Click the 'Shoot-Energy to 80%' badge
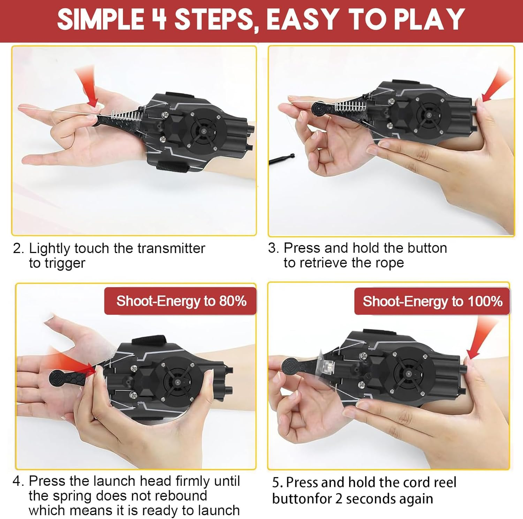[x=181, y=301]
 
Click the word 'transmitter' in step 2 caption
[x=171, y=249]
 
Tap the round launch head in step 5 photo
[x=289, y=366]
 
